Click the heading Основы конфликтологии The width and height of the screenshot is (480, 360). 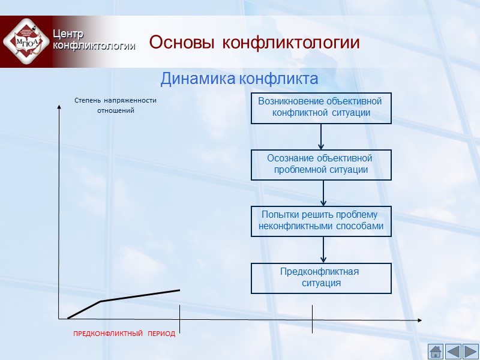(x=254, y=43)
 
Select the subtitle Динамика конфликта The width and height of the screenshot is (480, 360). (x=239, y=79)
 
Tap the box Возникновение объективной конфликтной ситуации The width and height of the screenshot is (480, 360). (x=321, y=108)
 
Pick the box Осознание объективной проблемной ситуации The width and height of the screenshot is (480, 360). (x=321, y=164)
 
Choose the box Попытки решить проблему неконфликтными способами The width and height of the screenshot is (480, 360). (x=321, y=221)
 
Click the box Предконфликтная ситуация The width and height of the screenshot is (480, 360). (x=321, y=278)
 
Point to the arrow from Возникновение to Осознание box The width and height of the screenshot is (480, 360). (x=322, y=137)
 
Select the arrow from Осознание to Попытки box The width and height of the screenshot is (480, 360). (x=323, y=193)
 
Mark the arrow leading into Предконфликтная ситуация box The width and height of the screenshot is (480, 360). (x=323, y=250)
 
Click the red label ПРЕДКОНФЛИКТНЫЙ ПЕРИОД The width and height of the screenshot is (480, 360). (x=124, y=334)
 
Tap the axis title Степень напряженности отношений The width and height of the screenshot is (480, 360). (x=115, y=106)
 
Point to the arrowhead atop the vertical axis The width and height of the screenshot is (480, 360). (x=59, y=107)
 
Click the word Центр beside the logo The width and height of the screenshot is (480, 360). (x=68, y=34)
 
